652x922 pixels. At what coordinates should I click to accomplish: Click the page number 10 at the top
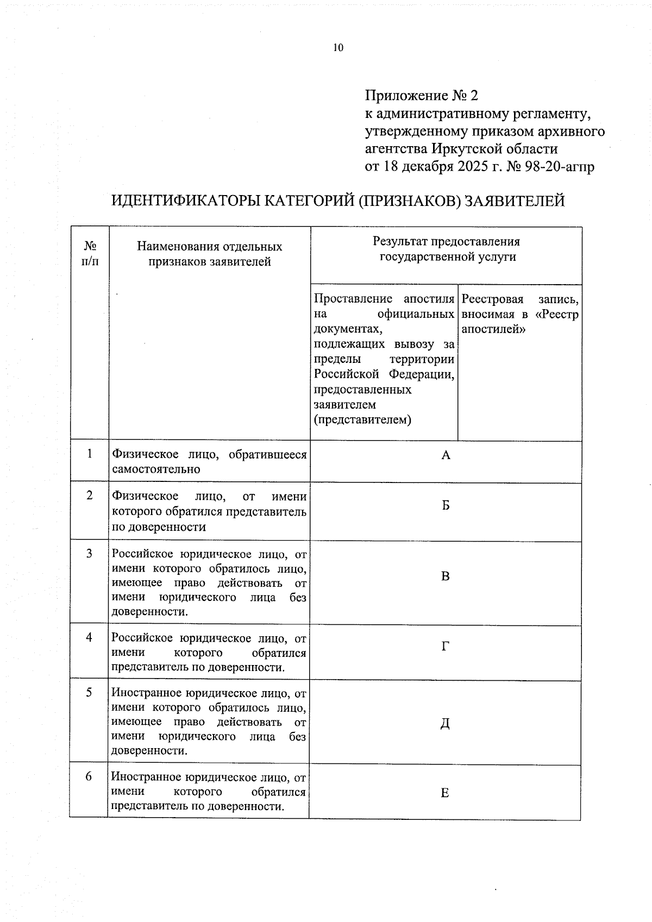338,48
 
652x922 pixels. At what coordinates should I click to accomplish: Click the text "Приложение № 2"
421,96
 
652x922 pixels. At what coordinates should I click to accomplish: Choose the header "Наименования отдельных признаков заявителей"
210,254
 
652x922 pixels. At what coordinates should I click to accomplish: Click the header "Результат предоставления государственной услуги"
446,249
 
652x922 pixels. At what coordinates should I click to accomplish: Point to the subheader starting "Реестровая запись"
519,314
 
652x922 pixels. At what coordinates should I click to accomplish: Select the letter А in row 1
446,455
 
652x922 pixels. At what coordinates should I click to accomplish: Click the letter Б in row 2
446,506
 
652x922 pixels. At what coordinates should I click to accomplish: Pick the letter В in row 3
446,576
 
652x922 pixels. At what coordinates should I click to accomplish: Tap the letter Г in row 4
446,646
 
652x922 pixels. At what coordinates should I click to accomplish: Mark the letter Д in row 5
445,724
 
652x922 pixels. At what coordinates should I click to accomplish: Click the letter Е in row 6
444,793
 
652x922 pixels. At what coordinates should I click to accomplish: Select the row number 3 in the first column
90,553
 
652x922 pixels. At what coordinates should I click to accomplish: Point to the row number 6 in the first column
89,776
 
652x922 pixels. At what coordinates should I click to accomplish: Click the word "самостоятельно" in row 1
156,469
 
